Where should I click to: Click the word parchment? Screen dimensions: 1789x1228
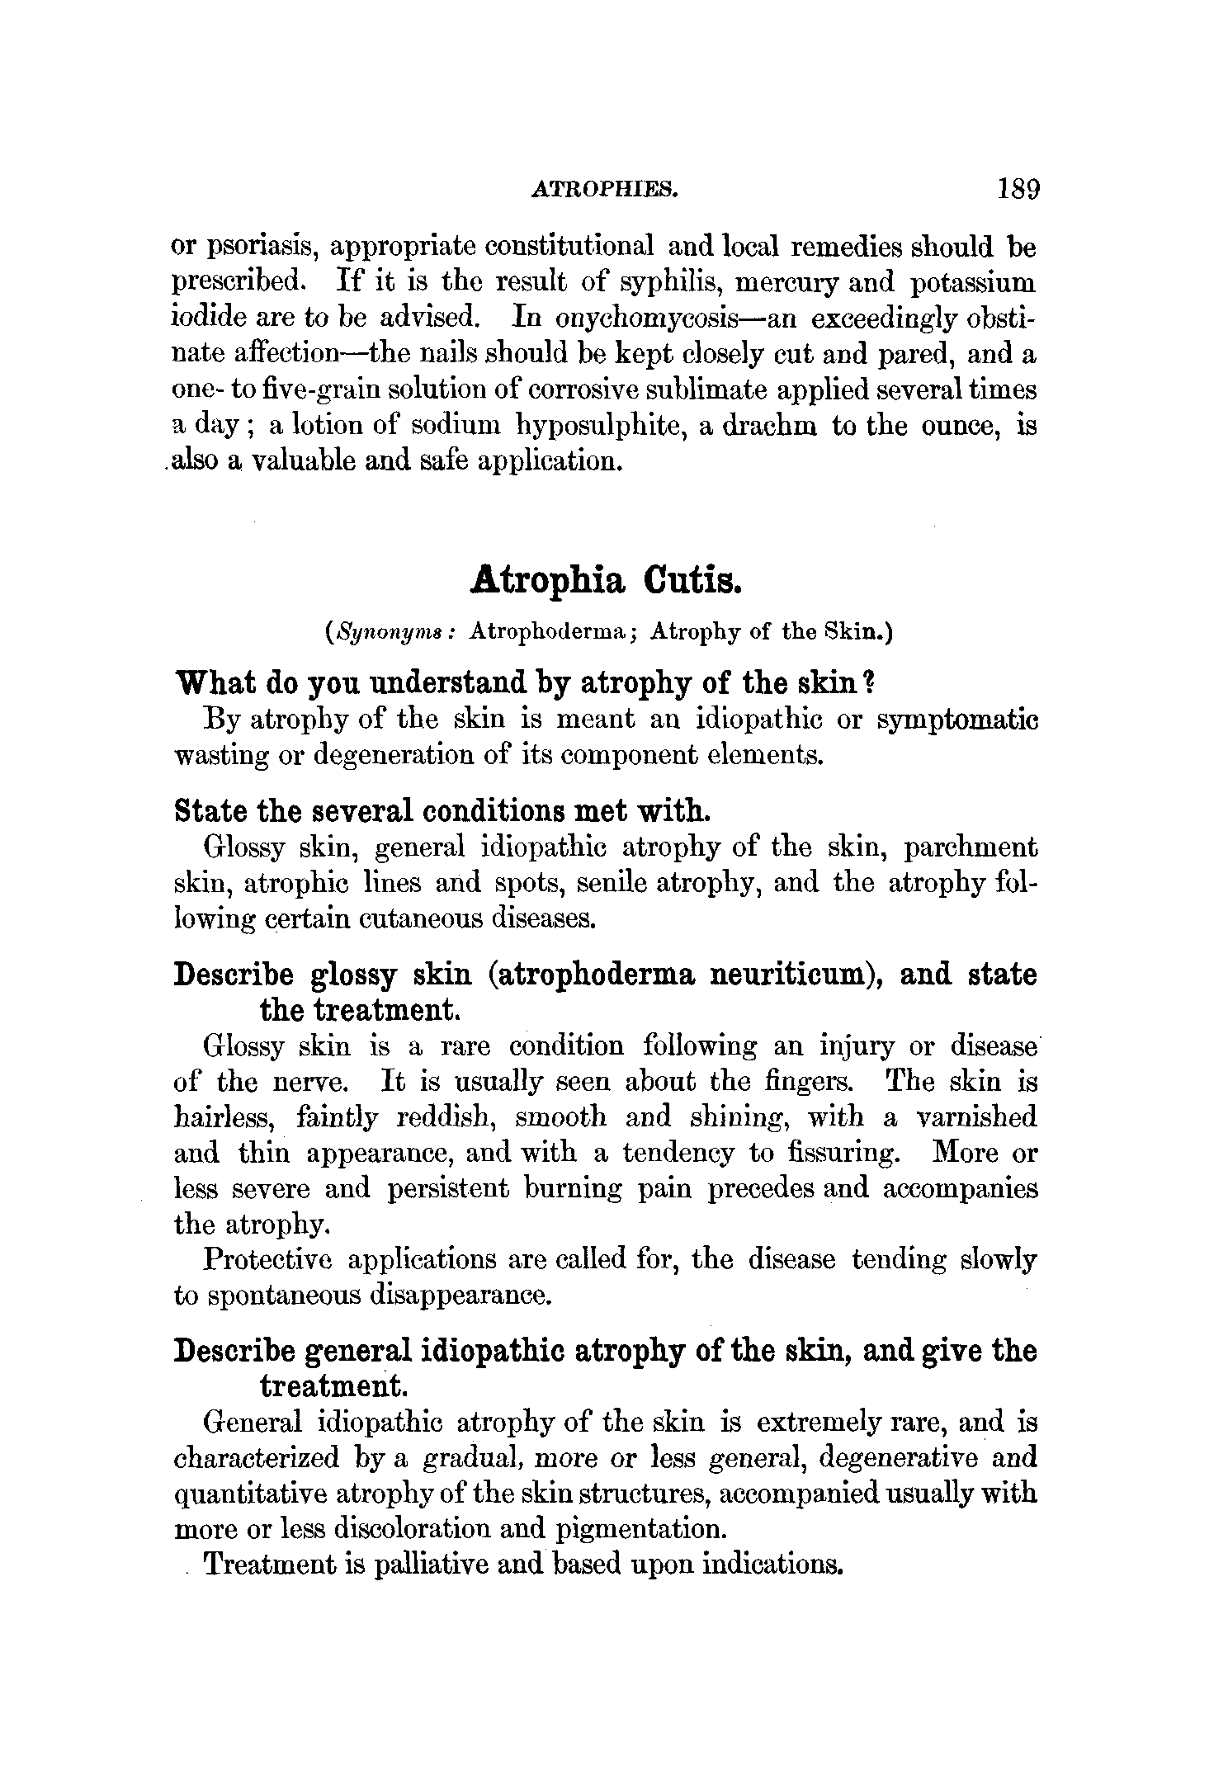(x=971, y=847)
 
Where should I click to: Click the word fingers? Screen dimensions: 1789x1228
(x=809, y=1082)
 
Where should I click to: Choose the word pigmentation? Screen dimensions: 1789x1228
(x=643, y=1530)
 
